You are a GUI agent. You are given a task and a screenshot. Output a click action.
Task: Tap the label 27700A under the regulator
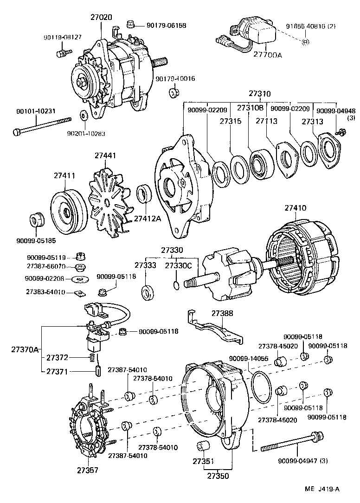click(268, 55)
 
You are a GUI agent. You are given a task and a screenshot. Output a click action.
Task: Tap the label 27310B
click(251, 108)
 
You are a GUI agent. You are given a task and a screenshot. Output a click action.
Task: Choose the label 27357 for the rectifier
click(88, 470)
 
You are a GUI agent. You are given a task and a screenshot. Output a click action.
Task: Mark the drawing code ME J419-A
click(322, 489)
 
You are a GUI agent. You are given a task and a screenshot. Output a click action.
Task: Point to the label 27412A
click(148, 219)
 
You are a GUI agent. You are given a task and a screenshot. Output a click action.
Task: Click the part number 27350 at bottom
click(218, 476)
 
